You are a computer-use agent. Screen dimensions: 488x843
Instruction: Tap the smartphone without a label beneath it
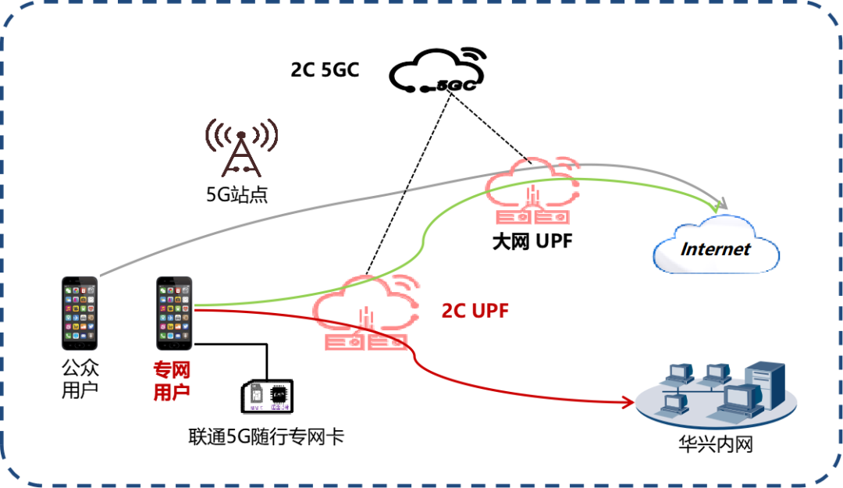click(80, 312)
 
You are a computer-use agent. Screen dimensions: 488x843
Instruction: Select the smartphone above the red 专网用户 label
click(174, 312)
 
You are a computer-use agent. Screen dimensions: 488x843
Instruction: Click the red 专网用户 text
click(172, 381)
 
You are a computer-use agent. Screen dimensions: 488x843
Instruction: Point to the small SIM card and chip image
click(266, 397)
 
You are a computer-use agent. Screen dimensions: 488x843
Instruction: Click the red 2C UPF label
click(475, 311)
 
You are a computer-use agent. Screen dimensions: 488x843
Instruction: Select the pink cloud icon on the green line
click(533, 190)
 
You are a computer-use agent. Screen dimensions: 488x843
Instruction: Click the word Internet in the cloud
click(715, 250)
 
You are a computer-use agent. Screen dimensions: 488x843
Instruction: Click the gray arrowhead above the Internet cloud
click(722, 205)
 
